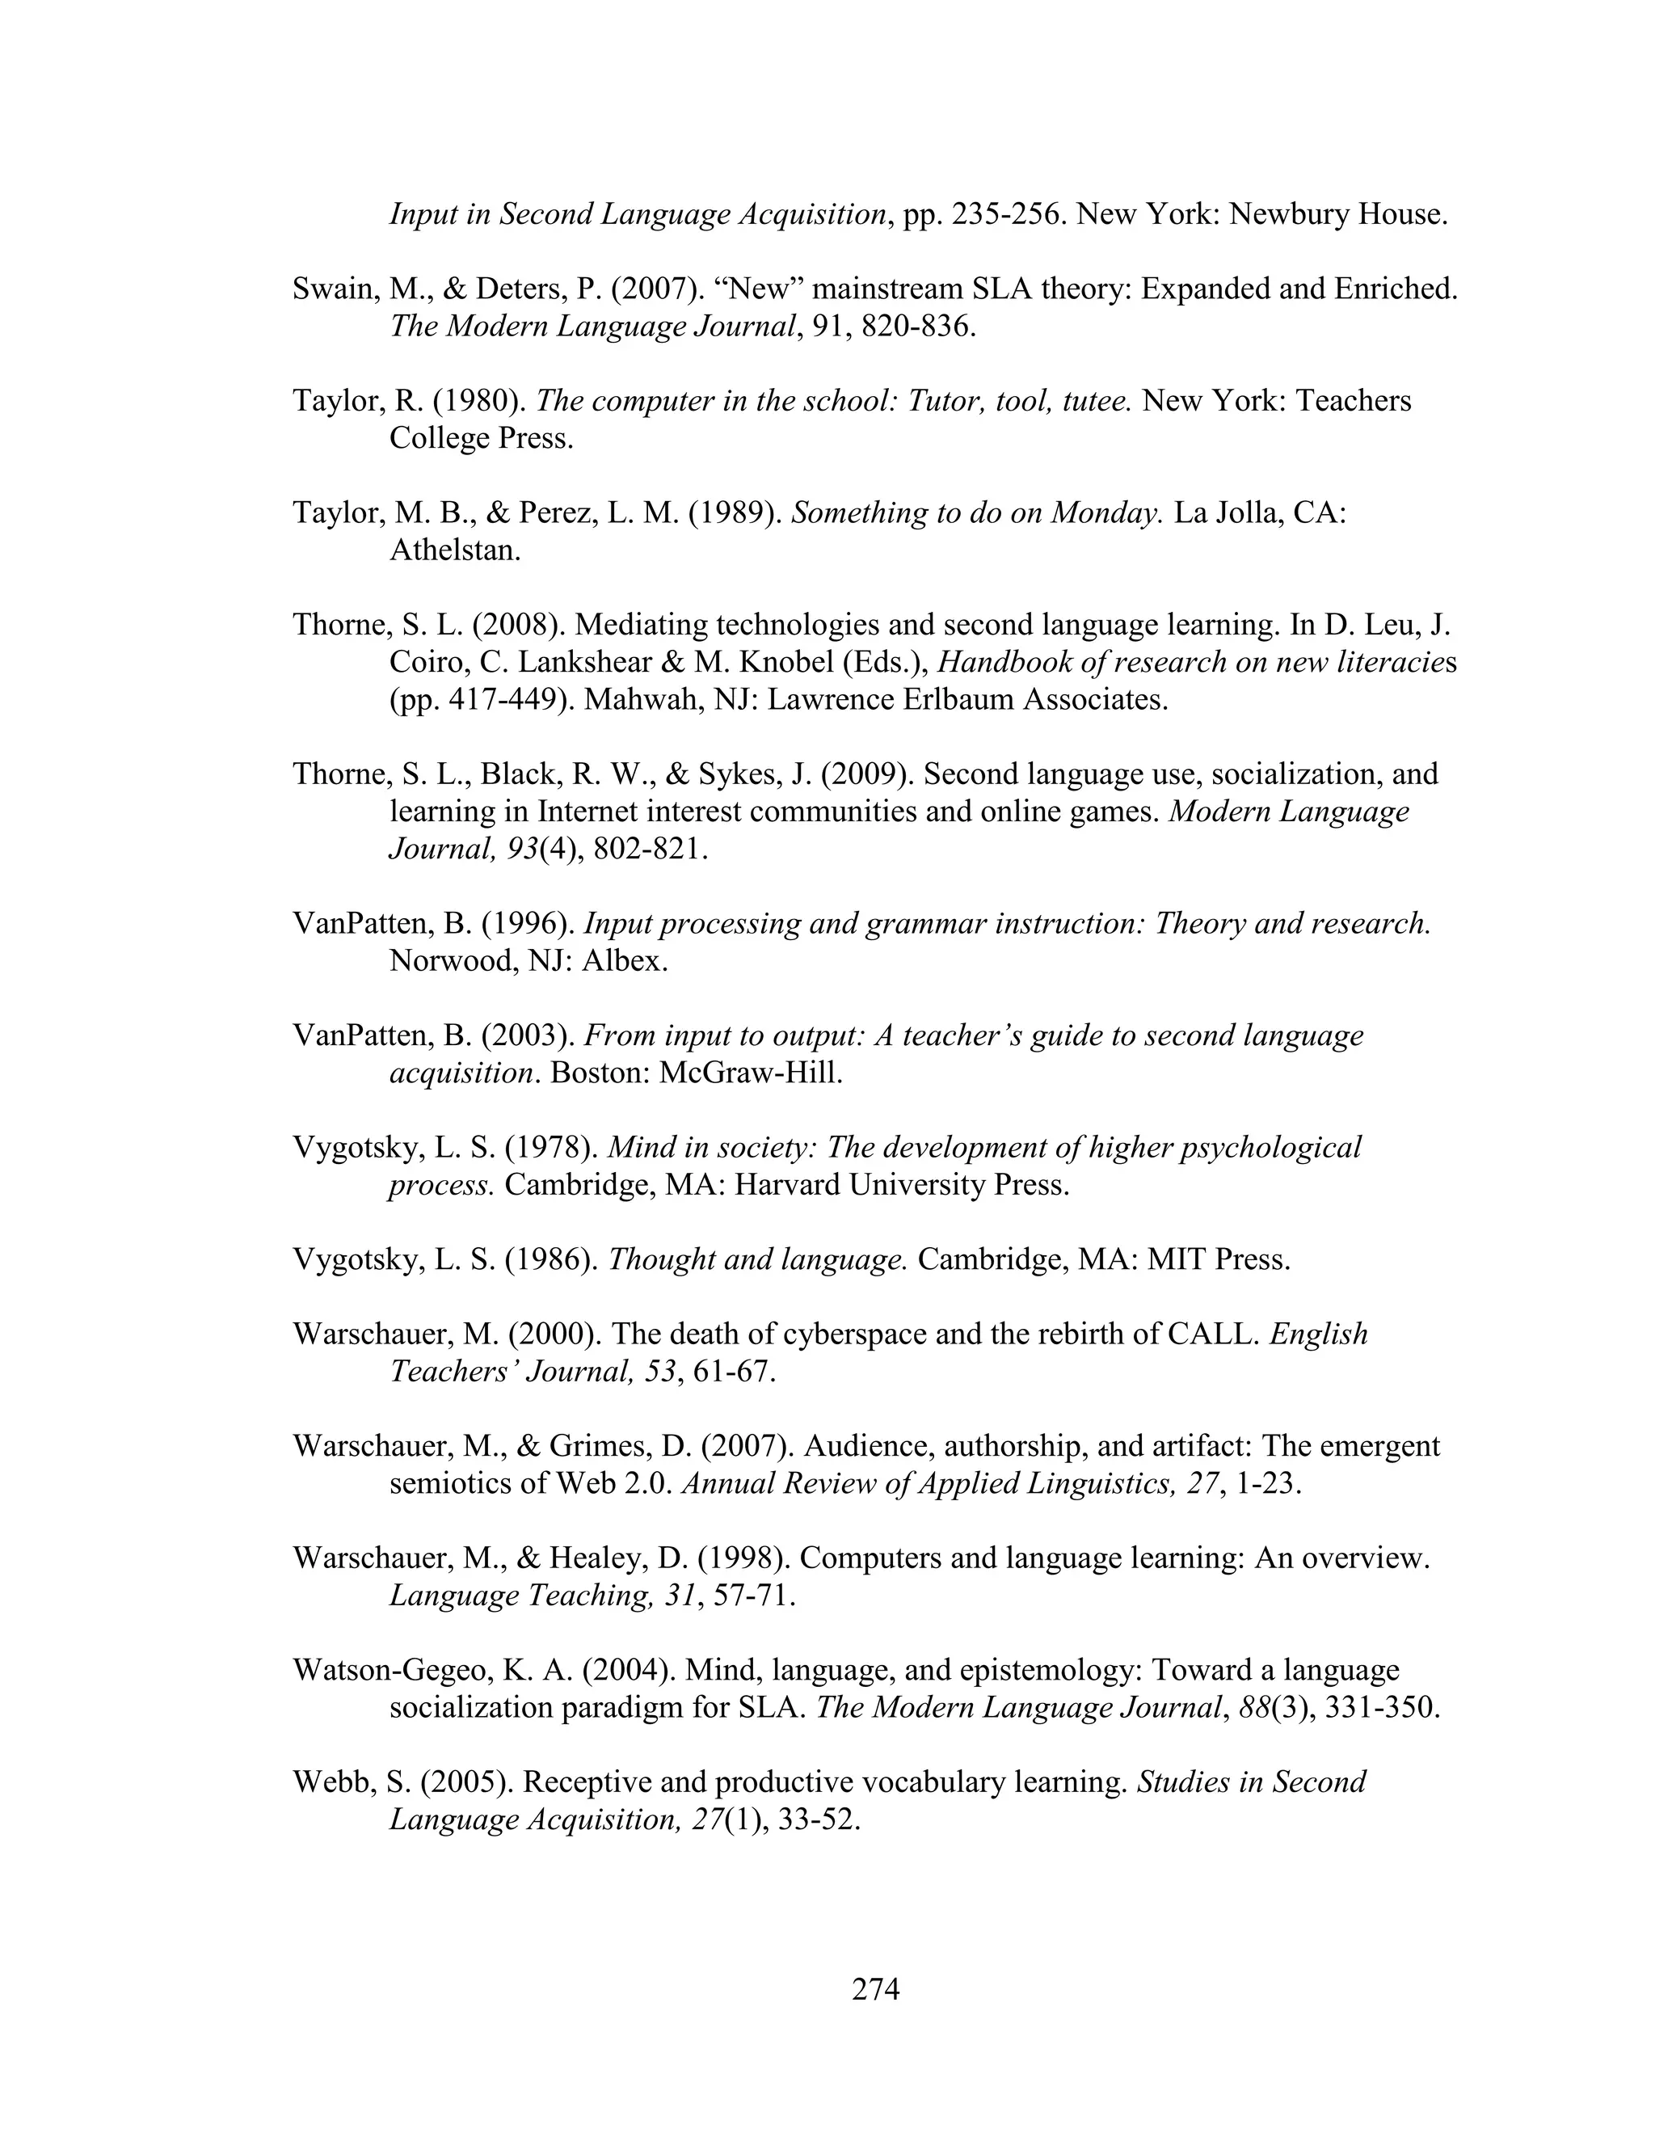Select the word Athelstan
pyautogui.click(x=454, y=550)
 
